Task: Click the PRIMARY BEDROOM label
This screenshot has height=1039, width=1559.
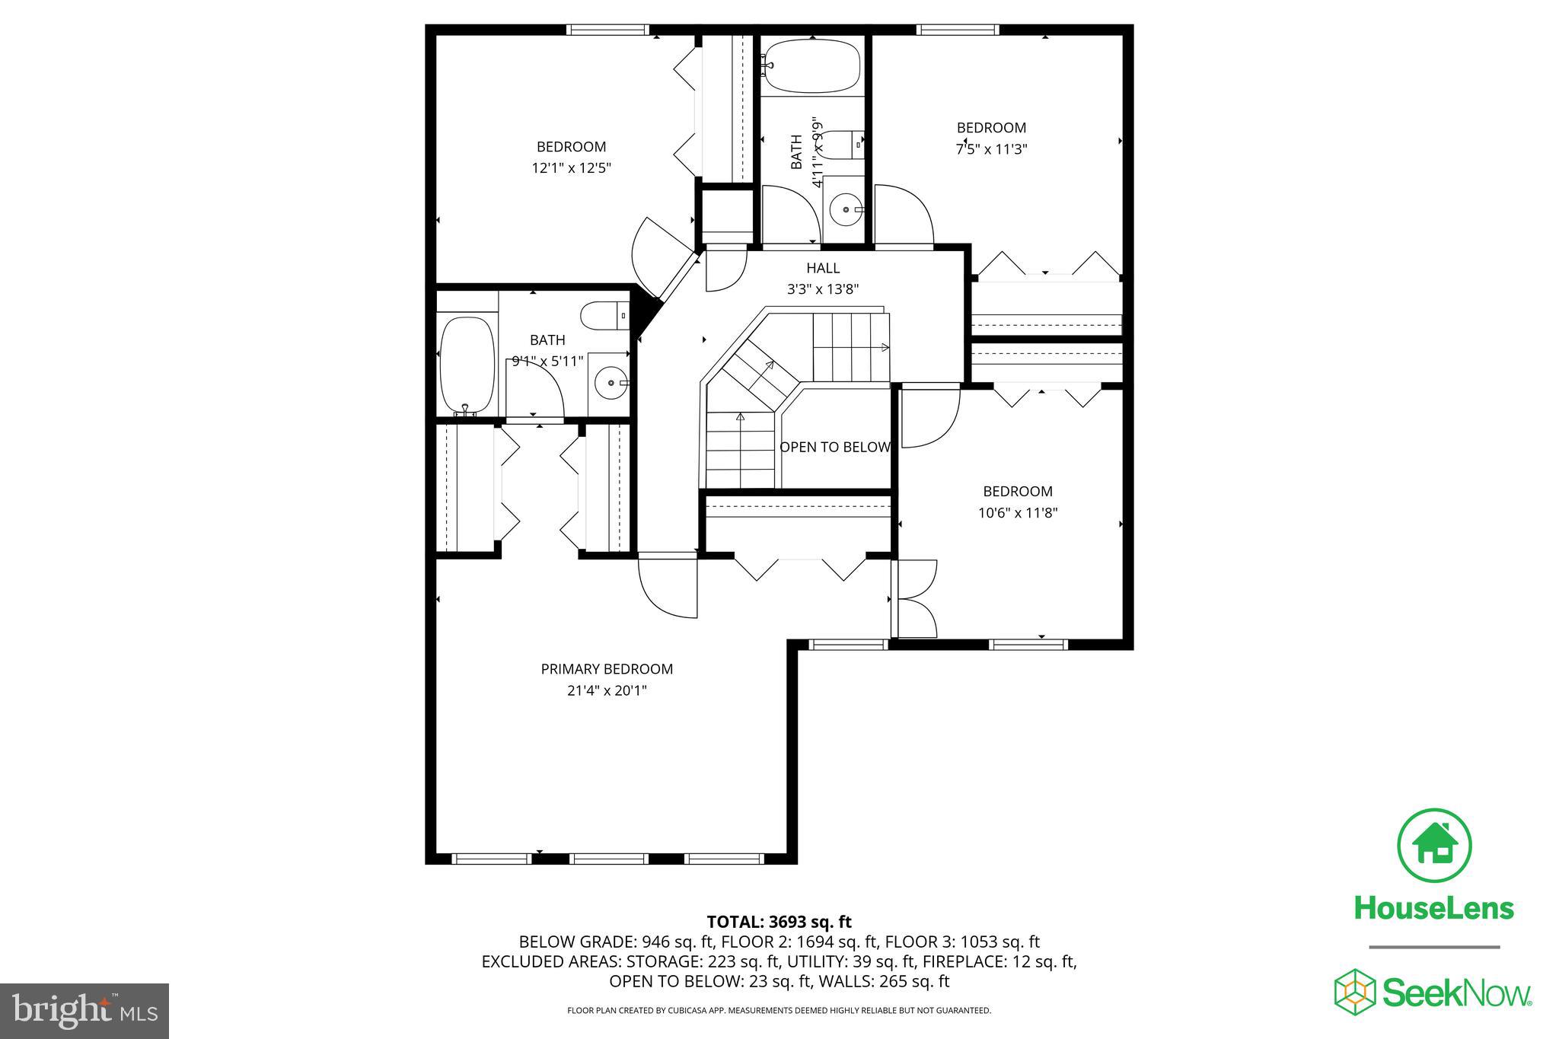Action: [x=607, y=669]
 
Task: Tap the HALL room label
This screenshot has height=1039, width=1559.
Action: [x=823, y=268]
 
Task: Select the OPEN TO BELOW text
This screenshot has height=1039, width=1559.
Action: [x=835, y=448]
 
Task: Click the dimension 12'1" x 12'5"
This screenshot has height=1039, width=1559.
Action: [x=571, y=168]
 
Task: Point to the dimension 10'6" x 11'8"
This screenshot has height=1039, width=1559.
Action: [x=1018, y=513]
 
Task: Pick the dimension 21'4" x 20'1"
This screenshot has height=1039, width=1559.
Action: [x=607, y=690]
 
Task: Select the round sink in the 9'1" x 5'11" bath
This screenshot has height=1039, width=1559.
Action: [x=610, y=383]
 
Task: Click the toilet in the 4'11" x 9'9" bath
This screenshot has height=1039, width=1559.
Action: [x=843, y=144]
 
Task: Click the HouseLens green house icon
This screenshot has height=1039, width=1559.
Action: [x=1434, y=846]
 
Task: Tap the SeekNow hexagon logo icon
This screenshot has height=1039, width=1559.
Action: [x=1355, y=992]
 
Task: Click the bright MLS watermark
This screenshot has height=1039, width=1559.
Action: [x=84, y=1011]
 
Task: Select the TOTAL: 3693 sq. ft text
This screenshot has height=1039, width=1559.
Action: [x=779, y=923]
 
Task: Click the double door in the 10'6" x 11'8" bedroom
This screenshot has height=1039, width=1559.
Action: [x=916, y=599]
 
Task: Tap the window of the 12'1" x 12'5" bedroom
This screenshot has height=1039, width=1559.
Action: [x=607, y=30]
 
